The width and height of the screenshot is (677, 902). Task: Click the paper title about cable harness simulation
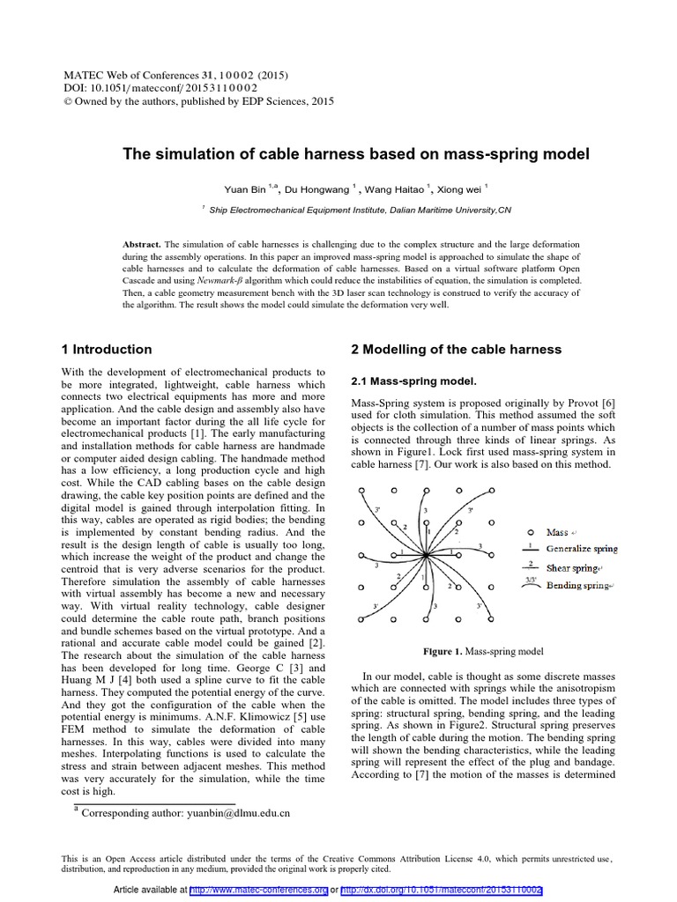click(x=355, y=154)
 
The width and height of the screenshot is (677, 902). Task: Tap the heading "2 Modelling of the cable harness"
click(x=456, y=349)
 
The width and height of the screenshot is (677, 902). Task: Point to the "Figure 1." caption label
click(x=443, y=652)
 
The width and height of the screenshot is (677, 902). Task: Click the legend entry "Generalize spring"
click(x=582, y=549)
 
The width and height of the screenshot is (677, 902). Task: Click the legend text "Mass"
click(x=557, y=532)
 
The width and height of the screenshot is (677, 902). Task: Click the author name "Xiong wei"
click(x=460, y=189)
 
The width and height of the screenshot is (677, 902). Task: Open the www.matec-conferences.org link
click(x=259, y=891)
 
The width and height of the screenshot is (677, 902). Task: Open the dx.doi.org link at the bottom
click(x=441, y=891)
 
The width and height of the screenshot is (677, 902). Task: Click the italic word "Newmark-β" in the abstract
click(x=220, y=280)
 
